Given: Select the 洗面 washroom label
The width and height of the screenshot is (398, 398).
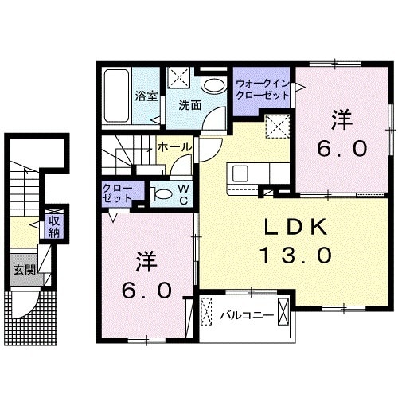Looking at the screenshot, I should pos(188,104).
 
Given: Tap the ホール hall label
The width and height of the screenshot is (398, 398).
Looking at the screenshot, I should pos(173,147).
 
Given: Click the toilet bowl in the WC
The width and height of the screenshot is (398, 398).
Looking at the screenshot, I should pos(160,193).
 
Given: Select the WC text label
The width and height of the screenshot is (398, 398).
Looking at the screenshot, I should pos(182,193).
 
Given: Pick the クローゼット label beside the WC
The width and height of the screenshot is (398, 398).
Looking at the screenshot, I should pos(118,193).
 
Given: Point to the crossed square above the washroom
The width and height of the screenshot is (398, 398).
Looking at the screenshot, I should pos(177,78).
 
